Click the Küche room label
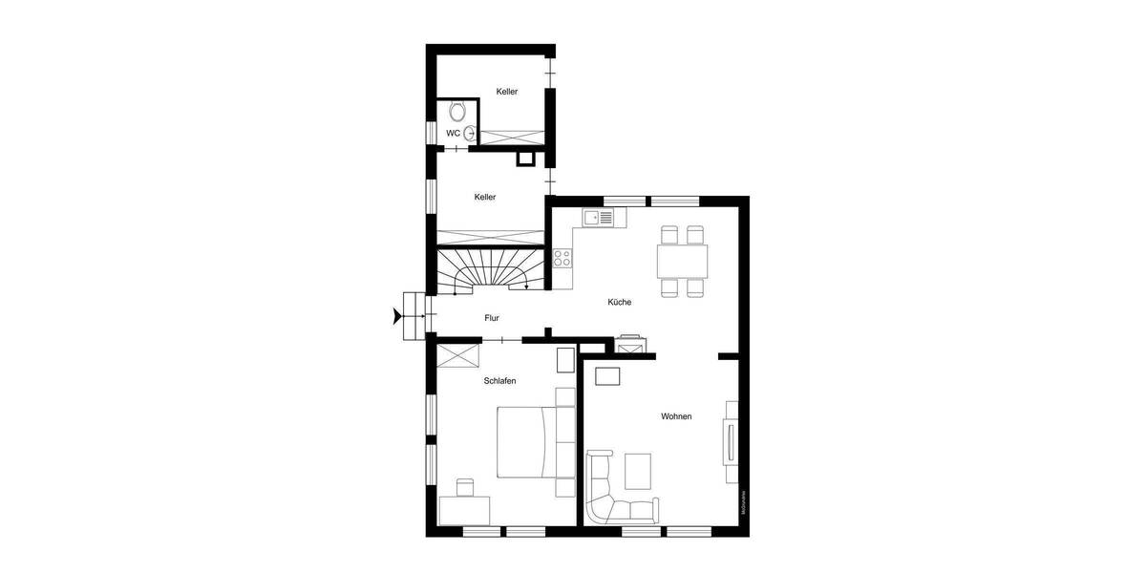[620, 302]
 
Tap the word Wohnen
[676, 416]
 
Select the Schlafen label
[499, 380]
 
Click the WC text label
[453, 133]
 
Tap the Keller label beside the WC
[507, 92]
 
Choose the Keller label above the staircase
[485, 197]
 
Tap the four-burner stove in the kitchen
[562, 257]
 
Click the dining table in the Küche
[682, 259]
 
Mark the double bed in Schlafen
[527, 441]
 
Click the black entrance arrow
[394, 316]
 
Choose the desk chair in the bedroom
[465, 487]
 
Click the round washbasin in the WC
[469, 133]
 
